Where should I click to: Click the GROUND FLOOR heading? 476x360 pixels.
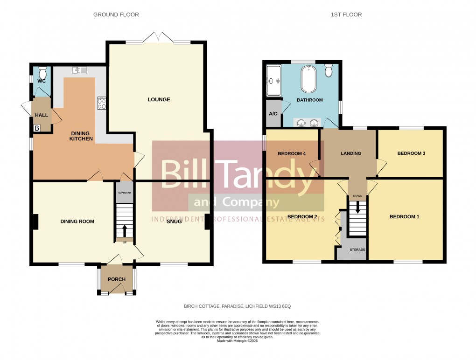click(116, 14)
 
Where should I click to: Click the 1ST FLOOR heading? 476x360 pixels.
click(346, 14)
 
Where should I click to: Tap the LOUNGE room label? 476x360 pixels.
click(159, 99)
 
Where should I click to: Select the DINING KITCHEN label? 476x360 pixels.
click(81, 136)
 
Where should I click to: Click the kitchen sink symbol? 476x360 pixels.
click(79, 70)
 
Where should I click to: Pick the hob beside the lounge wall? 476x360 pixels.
click(101, 103)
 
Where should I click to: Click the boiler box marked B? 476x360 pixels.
click(36, 127)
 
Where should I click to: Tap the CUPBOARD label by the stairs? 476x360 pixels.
click(124, 193)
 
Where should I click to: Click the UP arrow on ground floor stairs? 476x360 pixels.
click(125, 230)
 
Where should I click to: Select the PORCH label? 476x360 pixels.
click(117, 279)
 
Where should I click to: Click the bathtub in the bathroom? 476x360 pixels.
click(308, 79)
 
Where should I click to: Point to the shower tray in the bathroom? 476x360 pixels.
click(273, 80)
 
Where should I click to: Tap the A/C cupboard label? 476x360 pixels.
click(273, 113)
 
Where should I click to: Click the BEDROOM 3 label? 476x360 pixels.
click(411, 153)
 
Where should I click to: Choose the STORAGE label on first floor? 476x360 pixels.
click(357, 250)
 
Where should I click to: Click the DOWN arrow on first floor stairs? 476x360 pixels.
click(358, 208)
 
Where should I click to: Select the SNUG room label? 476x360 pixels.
click(175, 222)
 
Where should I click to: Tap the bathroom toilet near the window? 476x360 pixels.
click(329, 70)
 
